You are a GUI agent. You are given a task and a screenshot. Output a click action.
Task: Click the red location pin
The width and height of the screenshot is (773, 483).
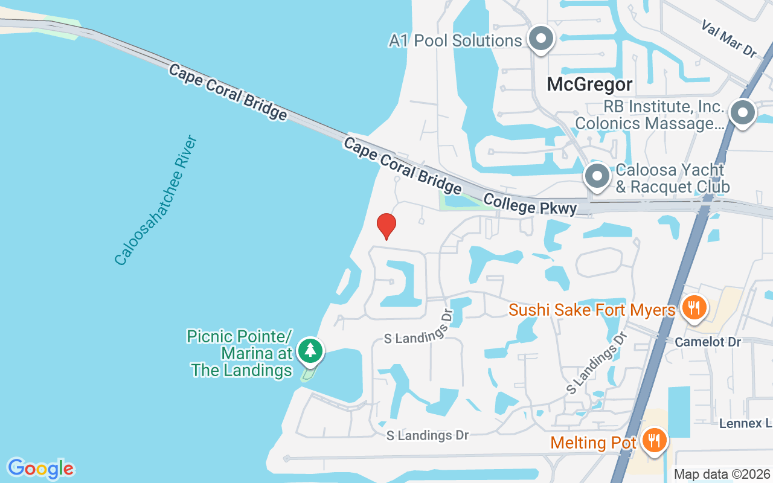click(x=386, y=225)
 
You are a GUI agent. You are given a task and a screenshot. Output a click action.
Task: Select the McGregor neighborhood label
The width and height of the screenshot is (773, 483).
click(x=589, y=85)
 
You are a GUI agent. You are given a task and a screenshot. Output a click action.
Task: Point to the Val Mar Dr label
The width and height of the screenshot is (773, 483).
click(x=729, y=39)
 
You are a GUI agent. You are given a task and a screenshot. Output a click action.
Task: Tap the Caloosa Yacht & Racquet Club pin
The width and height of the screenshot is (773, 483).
click(x=598, y=177)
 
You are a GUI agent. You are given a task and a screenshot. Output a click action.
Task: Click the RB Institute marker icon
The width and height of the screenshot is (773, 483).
click(x=743, y=113)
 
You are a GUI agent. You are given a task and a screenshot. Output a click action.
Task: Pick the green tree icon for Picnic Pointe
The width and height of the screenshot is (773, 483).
click(x=310, y=350)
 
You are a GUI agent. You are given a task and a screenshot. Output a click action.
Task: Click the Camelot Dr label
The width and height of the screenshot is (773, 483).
click(x=708, y=342)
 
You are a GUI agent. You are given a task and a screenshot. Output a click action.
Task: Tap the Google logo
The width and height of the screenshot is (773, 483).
click(x=40, y=469)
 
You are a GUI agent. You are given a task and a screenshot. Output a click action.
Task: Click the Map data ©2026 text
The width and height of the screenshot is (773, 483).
click(x=722, y=474)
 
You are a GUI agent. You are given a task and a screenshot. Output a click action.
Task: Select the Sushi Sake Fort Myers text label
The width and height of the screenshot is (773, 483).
click(x=592, y=310)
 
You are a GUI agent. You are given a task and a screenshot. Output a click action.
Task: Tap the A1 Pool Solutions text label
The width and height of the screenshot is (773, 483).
click(x=455, y=40)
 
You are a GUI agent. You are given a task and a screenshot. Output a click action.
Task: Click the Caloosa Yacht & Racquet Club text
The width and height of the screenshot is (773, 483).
click(x=672, y=179)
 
